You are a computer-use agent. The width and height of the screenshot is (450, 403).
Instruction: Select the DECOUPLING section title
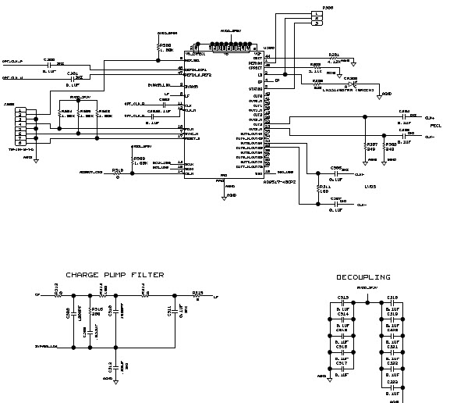(363, 277)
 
